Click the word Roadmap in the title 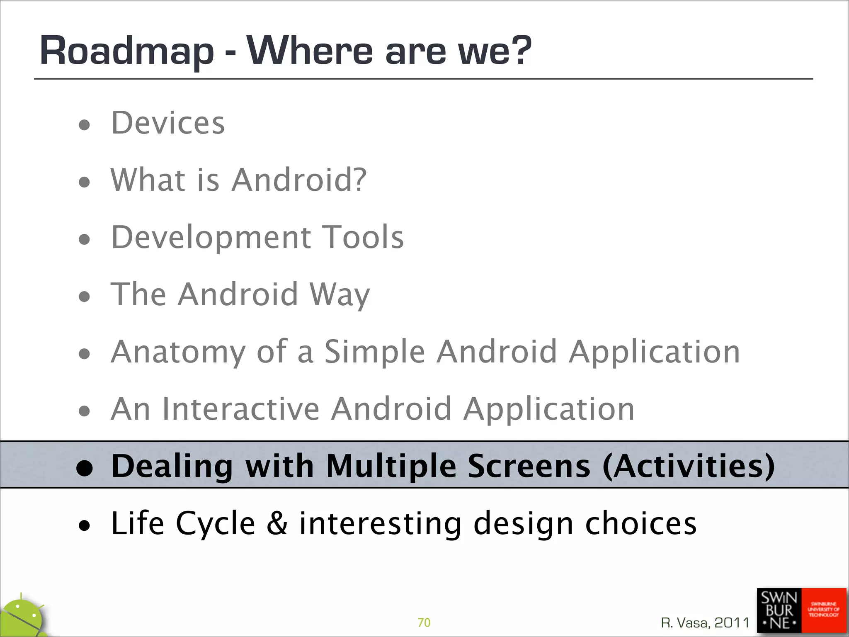click(126, 51)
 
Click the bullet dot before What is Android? click(84, 182)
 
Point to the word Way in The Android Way click(340, 294)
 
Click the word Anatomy click(178, 352)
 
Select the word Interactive click(241, 409)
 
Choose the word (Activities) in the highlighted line click(688, 466)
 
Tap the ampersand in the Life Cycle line click(277, 523)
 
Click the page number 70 click(424, 622)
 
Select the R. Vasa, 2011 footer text click(705, 622)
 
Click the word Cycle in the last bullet click(215, 523)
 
